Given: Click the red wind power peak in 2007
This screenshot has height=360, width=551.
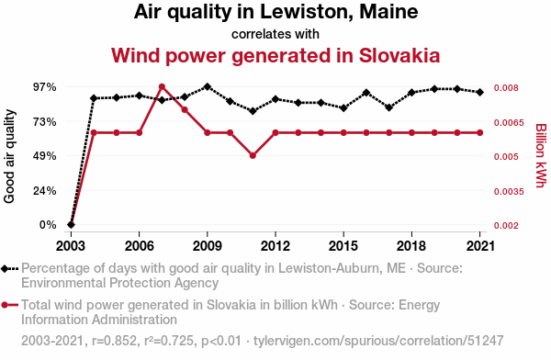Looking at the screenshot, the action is click(162, 87).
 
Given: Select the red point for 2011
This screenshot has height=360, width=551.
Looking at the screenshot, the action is click(253, 156).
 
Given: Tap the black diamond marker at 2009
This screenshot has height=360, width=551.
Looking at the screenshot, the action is click(208, 87).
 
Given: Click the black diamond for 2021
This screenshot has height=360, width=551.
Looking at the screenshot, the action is click(479, 93).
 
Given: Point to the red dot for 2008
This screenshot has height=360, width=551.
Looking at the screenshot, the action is click(185, 109).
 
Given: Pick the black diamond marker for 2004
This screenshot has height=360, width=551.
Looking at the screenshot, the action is click(94, 98).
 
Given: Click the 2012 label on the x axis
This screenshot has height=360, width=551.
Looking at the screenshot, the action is click(275, 246).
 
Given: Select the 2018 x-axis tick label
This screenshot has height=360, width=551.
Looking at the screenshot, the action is click(411, 246).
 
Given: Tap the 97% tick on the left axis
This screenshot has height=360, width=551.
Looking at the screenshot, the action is click(45, 87).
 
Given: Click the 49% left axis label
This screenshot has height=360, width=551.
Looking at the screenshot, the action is click(45, 156).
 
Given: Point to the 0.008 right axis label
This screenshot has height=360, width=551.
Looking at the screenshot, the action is click(506, 88).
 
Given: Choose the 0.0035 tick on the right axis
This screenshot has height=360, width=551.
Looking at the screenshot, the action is click(509, 192).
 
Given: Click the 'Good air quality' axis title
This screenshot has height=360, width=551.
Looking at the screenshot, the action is click(9, 156).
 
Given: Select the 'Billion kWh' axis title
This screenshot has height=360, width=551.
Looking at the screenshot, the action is click(541, 155).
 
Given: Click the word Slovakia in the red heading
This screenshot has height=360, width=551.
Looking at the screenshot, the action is click(399, 55).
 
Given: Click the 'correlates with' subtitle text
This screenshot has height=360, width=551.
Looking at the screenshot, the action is click(275, 34).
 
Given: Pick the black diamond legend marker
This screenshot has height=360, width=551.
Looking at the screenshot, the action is click(5, 269).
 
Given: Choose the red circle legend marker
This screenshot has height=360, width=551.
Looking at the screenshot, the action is click(5, 305).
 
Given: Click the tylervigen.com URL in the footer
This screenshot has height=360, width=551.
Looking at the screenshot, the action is click(378, 341).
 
